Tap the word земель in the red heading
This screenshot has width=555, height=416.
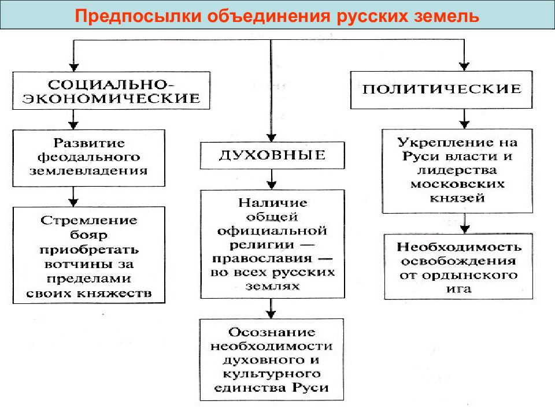point(446,16)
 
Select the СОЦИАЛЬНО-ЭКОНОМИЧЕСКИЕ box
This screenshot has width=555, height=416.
point(111,91)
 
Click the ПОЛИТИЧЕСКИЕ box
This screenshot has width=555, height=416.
point(441,90)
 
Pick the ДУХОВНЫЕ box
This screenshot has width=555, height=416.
point(272,155)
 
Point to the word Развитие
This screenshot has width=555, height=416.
point(89,143)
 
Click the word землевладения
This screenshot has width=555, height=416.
point(88,171)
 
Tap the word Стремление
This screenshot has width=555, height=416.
point(89,220)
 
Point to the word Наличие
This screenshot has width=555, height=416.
point(272,203)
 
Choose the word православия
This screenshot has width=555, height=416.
point(262,259)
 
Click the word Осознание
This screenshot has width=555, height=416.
point(272,332)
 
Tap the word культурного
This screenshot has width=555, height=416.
point(272,374)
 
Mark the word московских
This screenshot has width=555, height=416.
point(457,184)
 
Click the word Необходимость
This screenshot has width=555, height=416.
point(458,247)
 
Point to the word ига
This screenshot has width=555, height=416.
point(458,289)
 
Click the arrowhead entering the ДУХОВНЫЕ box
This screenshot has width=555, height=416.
point(271,138)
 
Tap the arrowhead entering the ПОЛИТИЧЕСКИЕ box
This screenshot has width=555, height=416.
point(464,66)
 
